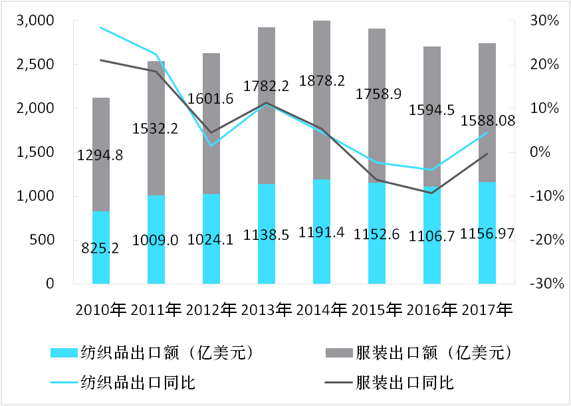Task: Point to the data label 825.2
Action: click(101, 249)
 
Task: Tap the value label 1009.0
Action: click(156, 240)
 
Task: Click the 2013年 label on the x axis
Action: click(267, 310)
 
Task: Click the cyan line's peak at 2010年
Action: click(101, 28)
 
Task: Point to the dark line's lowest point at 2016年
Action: click(432, 193)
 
